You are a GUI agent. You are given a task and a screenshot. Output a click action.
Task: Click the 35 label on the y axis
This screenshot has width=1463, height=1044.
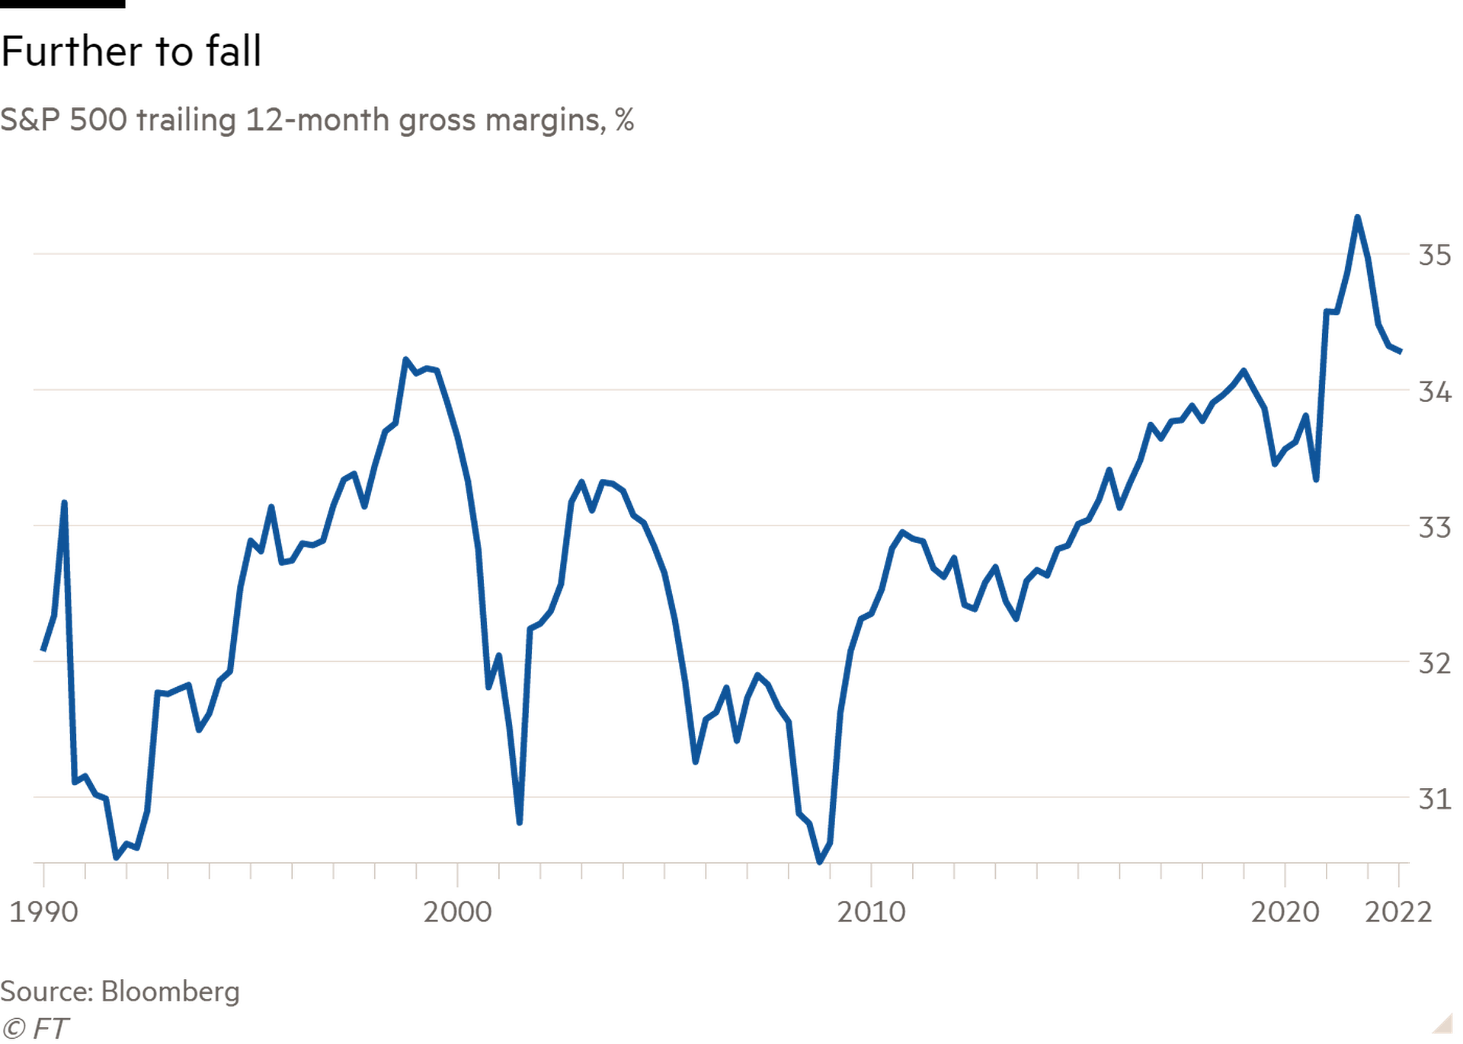pos(1434,255)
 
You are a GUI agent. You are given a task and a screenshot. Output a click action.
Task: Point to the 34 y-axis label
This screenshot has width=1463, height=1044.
pos(1434,391)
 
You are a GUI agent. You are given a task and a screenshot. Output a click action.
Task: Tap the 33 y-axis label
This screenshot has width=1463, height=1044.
pos(1434,527)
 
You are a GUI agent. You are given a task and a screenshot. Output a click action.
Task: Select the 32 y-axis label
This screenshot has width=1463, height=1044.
pos(1434,663)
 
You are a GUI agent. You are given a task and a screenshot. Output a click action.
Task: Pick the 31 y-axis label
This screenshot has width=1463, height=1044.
pos(1434,799)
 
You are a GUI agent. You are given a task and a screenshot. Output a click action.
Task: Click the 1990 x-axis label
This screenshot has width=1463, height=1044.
pos(43,912)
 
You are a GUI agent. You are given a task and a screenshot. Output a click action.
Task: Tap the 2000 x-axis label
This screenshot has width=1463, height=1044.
pos(458,912)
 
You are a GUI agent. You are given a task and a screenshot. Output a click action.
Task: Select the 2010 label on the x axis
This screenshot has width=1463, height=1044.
pos(872,912)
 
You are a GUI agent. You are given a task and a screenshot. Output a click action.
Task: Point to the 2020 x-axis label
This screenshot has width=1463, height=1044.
pos(1285,912)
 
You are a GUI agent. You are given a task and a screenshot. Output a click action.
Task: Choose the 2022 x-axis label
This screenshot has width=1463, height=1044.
pos(1397,912)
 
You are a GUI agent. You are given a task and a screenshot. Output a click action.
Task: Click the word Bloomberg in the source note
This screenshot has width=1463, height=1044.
pos(171,991)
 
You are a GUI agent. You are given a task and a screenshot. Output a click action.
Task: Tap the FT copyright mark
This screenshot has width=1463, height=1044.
pos(35,1029)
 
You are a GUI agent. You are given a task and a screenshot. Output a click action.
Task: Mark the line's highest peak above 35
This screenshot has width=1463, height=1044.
pos(1357,217)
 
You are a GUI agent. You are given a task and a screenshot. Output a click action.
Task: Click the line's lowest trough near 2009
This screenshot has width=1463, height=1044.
pos(821,861)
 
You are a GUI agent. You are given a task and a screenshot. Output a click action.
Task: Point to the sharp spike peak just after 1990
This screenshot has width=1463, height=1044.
pos(65,502)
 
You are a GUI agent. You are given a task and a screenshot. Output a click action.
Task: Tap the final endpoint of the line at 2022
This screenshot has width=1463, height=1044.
pos(1401,352)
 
